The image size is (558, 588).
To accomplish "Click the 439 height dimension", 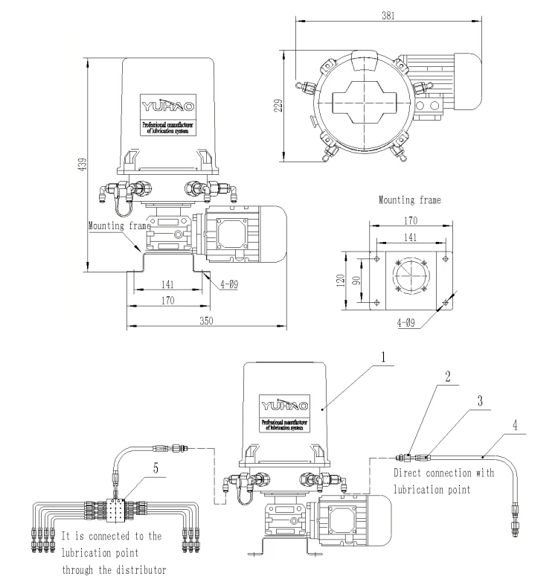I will point(83,162).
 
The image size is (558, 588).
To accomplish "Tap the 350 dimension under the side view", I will point(208,320).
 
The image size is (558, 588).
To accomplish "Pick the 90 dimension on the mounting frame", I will point(357,279).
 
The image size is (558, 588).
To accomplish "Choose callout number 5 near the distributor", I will point(155,468).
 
